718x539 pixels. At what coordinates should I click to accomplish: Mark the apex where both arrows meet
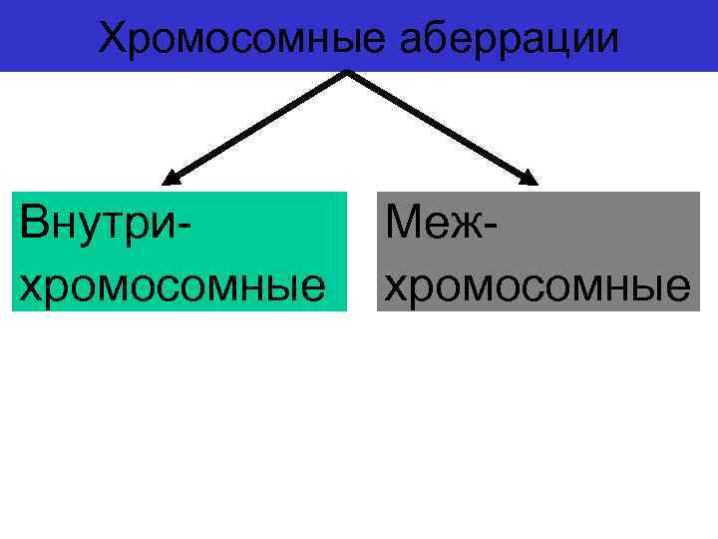(x=348, y=72)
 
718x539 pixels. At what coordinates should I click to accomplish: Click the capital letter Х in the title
(x=114, y=37)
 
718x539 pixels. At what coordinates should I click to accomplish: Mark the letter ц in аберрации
(x=558, y=41)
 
